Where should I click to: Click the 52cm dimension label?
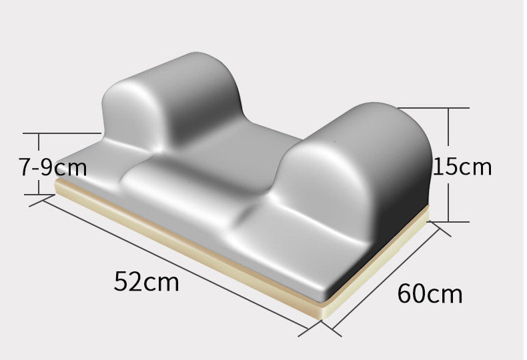(x=147, y=281)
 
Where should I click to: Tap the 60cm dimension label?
(x=430, y=293)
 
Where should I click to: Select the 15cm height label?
(x=463, y=166)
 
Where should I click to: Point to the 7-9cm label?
(x=53, y=167)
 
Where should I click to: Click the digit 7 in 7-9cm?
(x=25, y=167)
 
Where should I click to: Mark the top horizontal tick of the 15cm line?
(x=434, y=108)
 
